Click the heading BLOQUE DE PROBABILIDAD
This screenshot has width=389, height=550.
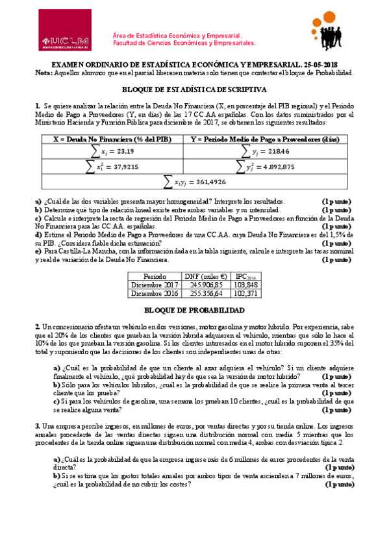click(194, 311)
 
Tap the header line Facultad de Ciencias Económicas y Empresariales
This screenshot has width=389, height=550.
click(184, 43)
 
